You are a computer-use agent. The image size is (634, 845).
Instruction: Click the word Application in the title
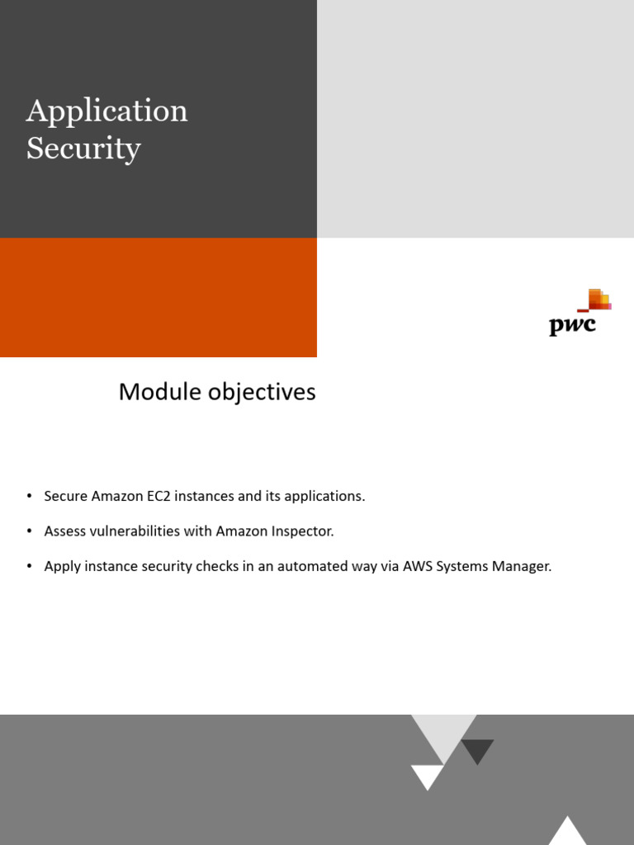coord(106,111)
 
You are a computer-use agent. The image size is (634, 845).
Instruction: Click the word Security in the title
coord(83,149)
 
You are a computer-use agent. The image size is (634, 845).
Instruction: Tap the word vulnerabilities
coord(135,531)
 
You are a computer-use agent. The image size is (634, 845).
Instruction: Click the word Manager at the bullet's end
coord(523,566)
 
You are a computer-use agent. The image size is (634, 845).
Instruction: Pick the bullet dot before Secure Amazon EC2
coord(29,496)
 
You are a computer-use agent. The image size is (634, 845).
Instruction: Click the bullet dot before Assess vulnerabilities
coord(29,531)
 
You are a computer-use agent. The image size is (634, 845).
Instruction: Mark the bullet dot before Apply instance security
coord(29,566)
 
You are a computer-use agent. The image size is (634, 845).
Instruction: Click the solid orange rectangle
coord(158,297)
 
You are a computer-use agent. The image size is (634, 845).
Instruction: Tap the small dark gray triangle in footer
coord(477,750)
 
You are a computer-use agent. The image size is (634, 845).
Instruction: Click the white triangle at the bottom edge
coord(567,832)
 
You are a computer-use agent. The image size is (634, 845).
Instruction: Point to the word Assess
coord(64,531)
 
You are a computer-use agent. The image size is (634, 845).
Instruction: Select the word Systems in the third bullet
coord(463,566)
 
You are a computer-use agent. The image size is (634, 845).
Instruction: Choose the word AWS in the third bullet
coord(418,566)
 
